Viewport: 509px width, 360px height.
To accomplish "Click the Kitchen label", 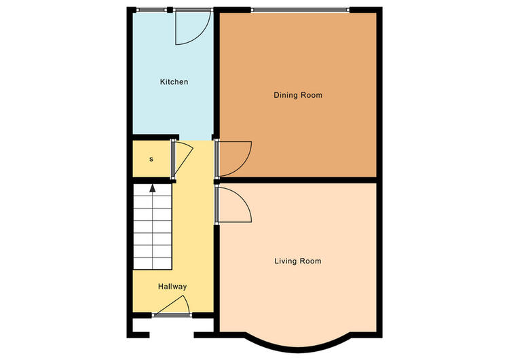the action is pos(174,82).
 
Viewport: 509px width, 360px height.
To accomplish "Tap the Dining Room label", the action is pos(298,95).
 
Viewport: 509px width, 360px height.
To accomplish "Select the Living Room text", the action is pos(298,261).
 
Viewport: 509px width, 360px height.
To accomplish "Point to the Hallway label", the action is pos(172,287).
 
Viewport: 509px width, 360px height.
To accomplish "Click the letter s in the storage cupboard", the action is pos(151,159).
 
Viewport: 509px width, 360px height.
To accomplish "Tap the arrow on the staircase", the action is pos(152,188).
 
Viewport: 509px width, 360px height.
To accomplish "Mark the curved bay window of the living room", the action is pos(298,348).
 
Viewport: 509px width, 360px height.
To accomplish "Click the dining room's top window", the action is pos(300,10).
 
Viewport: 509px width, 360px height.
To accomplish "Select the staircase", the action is pos(152,227).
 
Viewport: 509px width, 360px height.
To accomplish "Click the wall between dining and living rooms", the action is pos(298,180).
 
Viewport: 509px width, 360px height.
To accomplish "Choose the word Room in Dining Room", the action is pos(312,95).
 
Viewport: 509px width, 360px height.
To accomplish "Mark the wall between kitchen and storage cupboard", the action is pos(156,137).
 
